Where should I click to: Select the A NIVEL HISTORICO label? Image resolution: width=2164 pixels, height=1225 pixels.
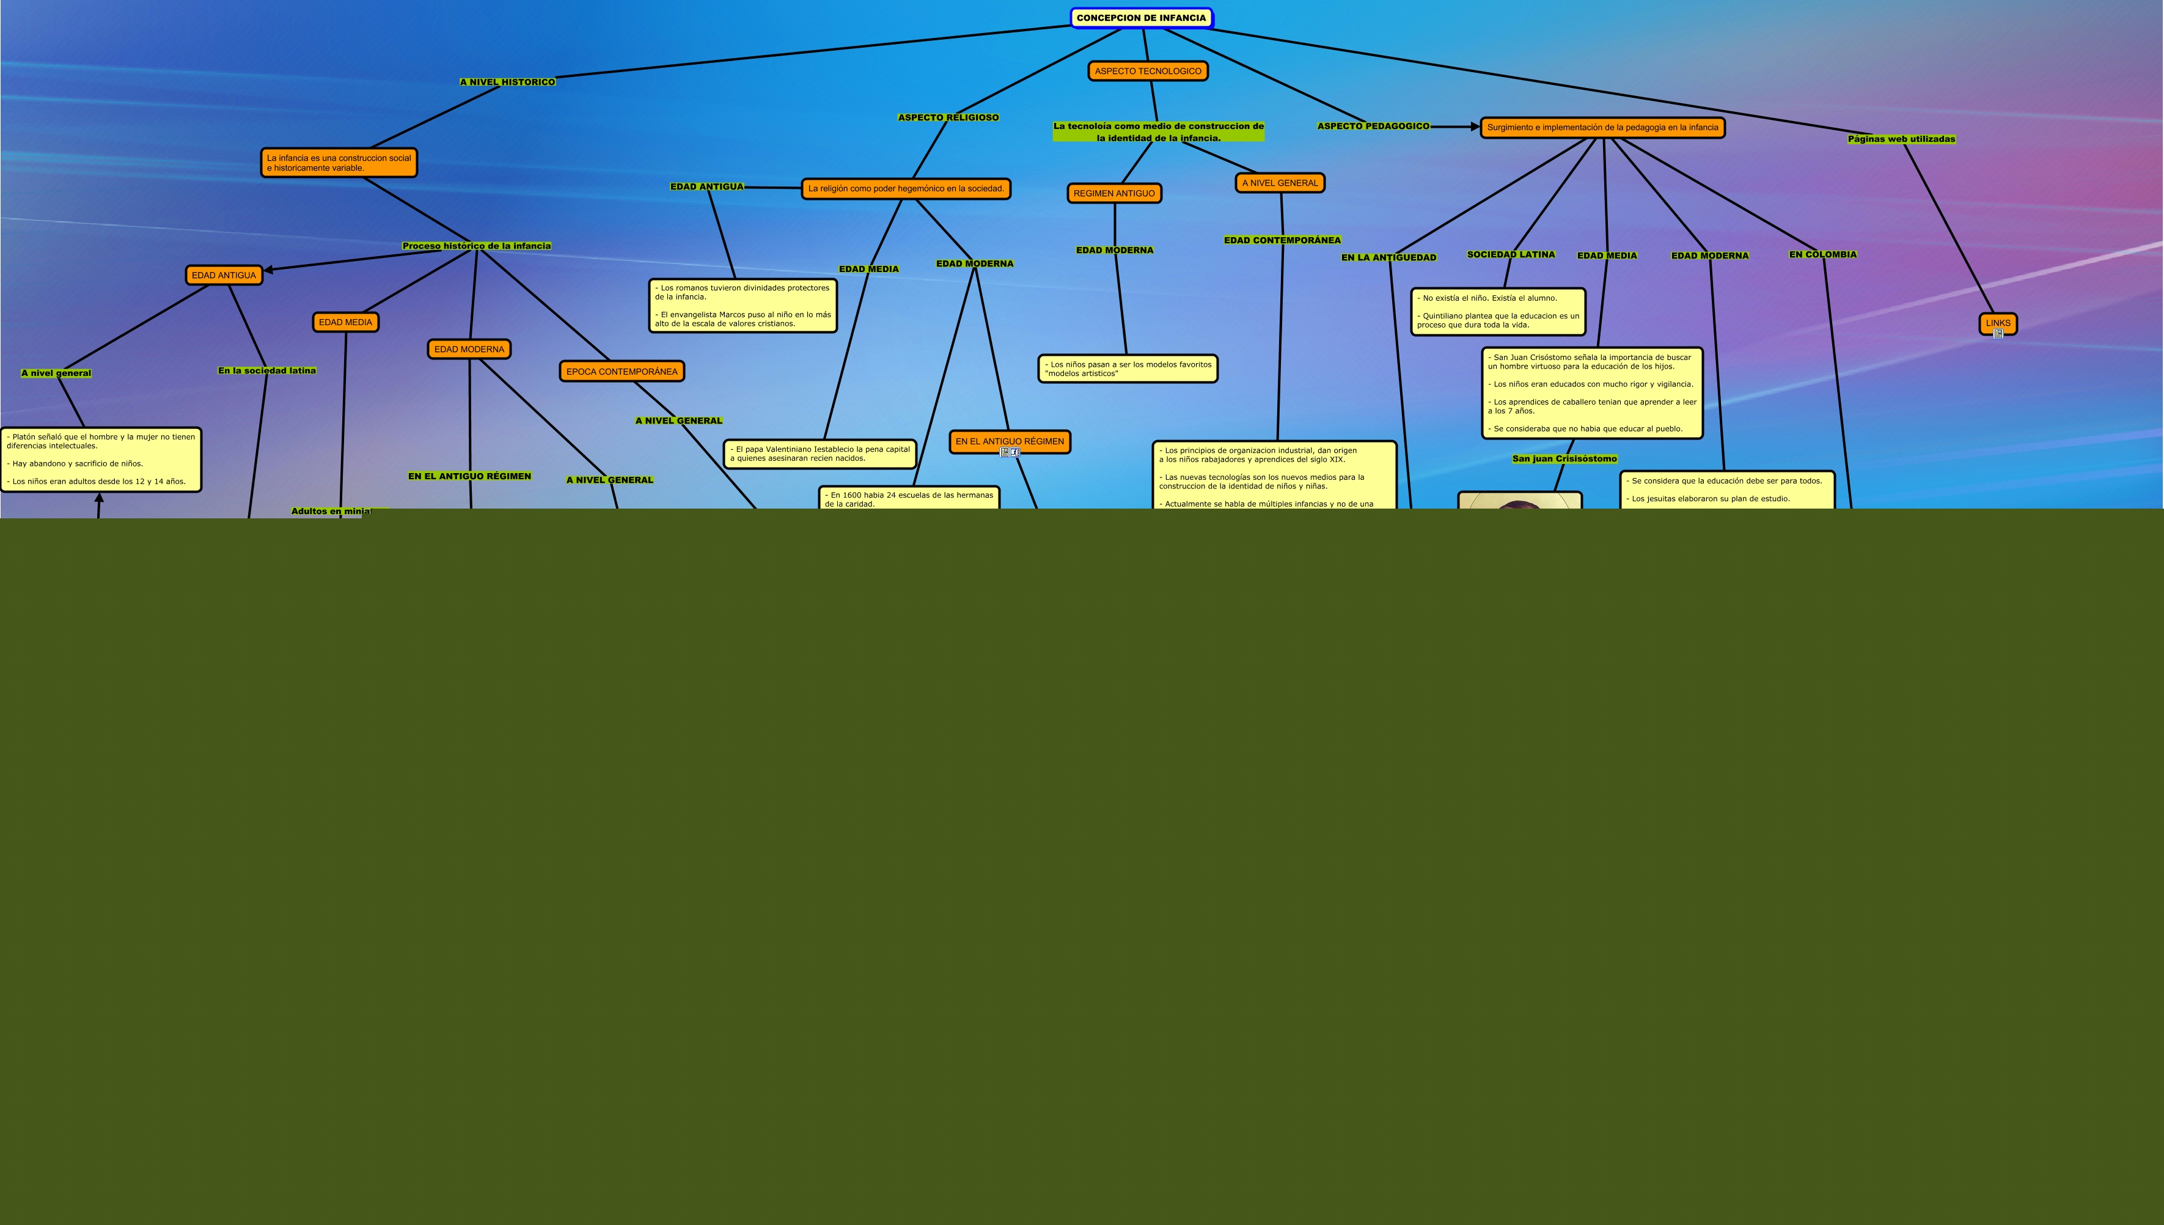pos(507,83)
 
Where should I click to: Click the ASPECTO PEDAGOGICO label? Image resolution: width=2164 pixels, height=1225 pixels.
pos(1373,126)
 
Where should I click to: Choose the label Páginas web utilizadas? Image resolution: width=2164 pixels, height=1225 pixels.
pos(1901,139)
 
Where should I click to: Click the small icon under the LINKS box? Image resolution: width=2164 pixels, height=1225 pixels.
pos(1998,334)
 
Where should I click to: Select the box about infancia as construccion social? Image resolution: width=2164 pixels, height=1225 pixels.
pos(339,163)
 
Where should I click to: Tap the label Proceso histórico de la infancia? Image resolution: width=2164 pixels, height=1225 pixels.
pos(476,246)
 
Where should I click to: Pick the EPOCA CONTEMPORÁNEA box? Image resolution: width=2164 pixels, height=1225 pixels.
pos(622,371)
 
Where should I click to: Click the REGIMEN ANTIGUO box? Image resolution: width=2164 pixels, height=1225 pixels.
pos(1113,194)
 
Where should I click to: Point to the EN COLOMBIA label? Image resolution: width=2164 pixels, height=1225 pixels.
pos(1822,254)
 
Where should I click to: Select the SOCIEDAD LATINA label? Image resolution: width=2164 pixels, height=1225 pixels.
pos(1511,254)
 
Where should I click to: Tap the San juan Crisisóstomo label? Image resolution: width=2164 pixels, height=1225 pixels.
pos(1564,458)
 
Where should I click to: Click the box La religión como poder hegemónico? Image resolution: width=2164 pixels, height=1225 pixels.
pos(906,188)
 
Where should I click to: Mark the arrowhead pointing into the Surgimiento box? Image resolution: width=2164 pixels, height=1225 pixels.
pos(1475,127)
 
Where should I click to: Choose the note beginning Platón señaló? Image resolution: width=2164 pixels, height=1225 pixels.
pos(101,460)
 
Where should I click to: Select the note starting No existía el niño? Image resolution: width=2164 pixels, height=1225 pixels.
pos(1497,311)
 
